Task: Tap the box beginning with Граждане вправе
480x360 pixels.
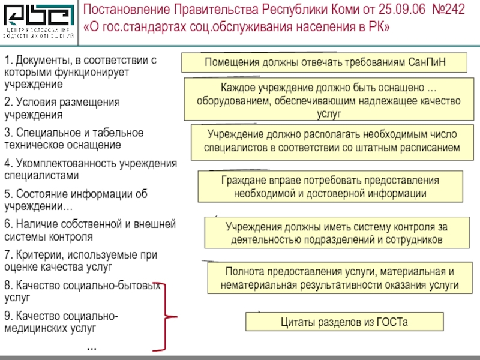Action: point(330,187)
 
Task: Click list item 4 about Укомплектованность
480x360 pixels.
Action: point(90,169)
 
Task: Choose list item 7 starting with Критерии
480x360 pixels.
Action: point(81,260)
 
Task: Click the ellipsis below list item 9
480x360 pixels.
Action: point(92,347)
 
